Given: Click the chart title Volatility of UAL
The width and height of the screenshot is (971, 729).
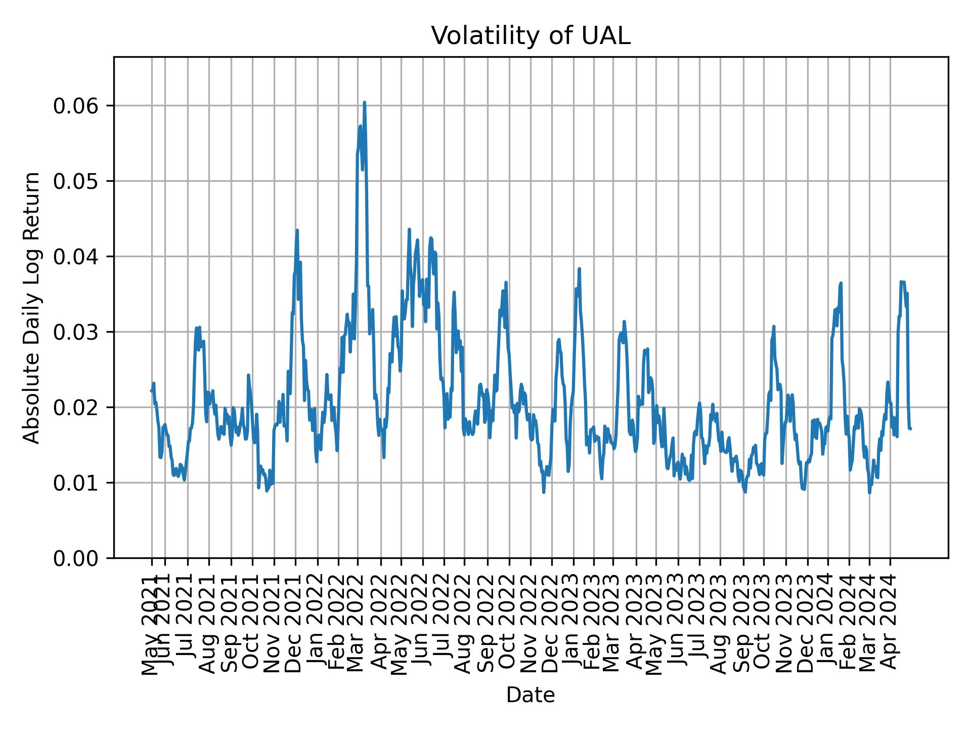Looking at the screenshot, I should coord(531,36).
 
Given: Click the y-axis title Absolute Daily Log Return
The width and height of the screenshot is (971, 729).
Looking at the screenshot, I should coord(32,307).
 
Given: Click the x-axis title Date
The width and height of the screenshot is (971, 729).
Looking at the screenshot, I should coord(531,696).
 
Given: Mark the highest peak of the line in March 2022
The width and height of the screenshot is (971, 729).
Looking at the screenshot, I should coord(364,102).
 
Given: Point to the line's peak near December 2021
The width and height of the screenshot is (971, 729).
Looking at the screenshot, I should coord(297,230).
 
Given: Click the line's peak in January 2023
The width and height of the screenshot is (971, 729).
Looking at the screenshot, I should coord(579,269).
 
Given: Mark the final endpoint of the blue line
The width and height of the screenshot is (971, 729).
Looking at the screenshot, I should coord(910,429).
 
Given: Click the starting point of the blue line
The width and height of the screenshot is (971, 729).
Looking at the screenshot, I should coord(151,390).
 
